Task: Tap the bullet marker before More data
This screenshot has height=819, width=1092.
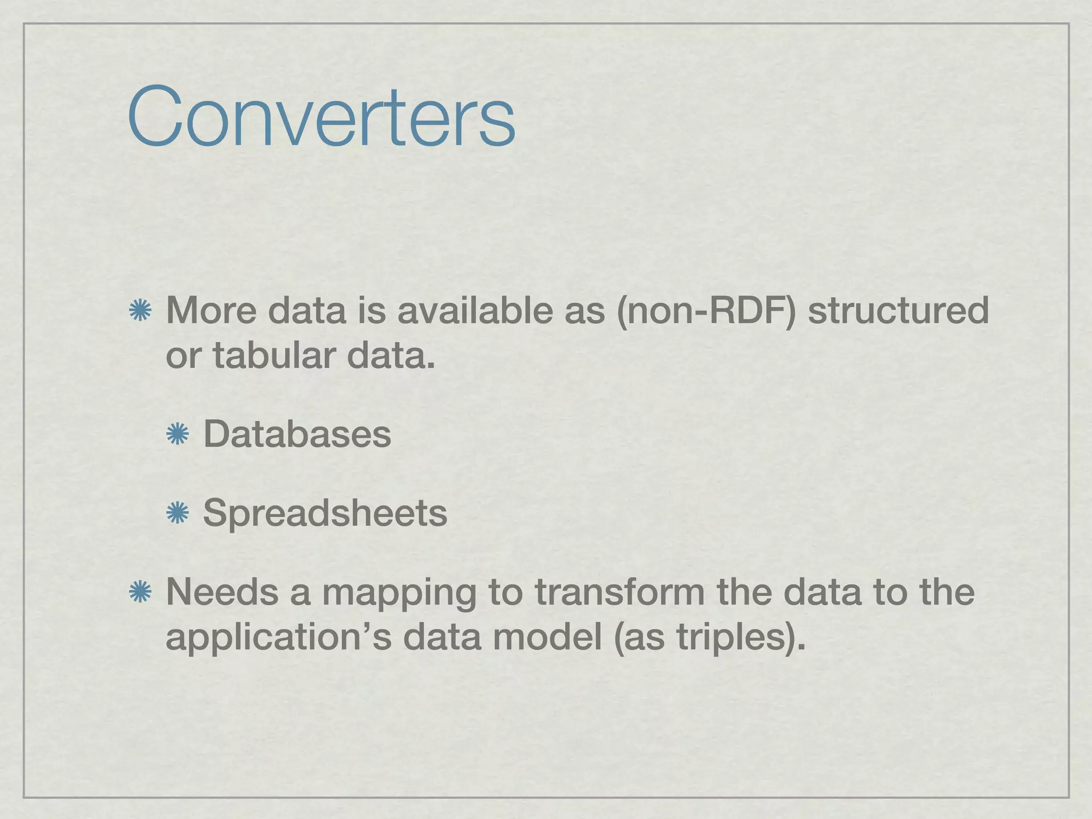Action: click(140, 310)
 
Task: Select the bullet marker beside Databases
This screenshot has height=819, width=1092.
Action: click(178, 434)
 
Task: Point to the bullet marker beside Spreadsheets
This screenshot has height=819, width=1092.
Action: click(178, 513)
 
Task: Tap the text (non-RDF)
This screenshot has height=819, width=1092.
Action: click(706, 310)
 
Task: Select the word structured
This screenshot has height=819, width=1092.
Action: click(898, 310)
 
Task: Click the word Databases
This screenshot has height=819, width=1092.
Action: click(297, 434)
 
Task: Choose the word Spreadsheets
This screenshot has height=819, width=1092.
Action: click(325, 513)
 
